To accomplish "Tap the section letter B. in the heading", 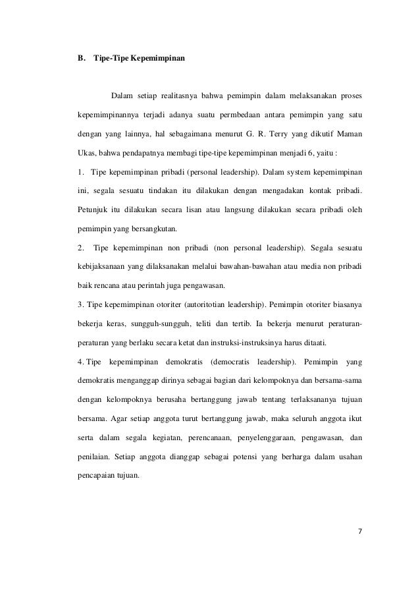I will pyautogui.click(x=82, y=59).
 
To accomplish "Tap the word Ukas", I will pyautogui.click(x=87, y=156).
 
